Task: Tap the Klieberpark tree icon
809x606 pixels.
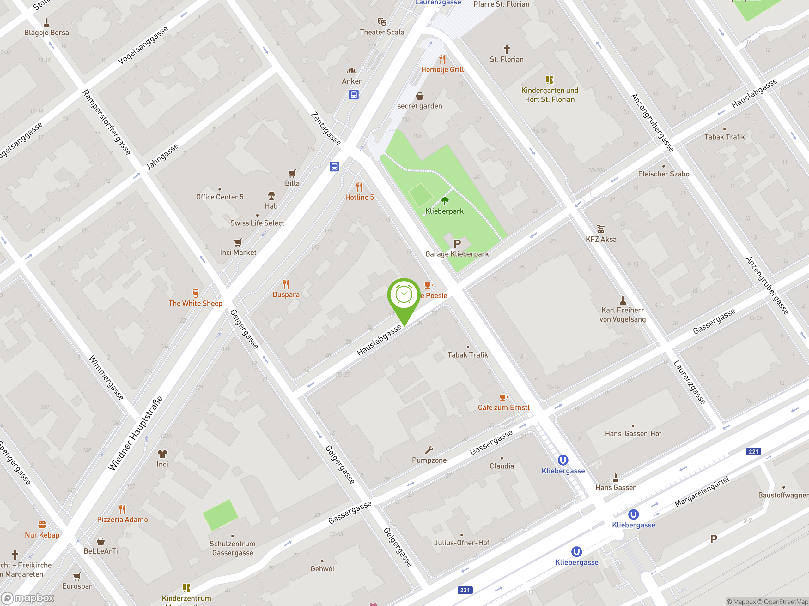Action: (444, 200)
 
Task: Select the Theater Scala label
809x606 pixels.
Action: (382, 32)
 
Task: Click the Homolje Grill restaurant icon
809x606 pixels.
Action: (442, 59)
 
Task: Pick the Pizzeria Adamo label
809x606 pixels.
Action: (122, 520)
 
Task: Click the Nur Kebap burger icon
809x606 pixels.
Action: (42, 525)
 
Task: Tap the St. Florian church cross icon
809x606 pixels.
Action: (507, 49)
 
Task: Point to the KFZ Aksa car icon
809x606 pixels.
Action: (600, 229)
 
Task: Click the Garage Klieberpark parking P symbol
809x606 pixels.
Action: (457, 243)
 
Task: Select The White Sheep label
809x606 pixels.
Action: (195, 303)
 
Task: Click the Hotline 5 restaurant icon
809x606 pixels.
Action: (359, 187)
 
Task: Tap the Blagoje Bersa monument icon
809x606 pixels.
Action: (46, 23)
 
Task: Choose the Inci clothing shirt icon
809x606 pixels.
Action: (162, 454)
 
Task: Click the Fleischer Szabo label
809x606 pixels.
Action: (663, 174)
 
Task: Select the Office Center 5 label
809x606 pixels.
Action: (219, 197)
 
